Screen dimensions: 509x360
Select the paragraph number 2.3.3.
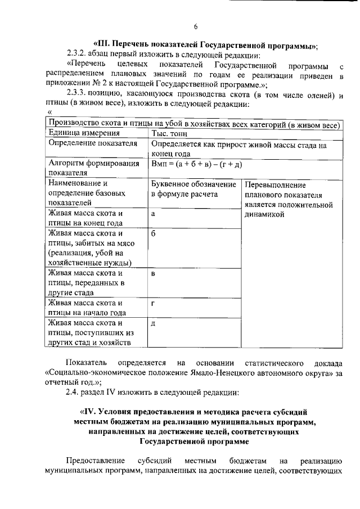click(x=78, y=94)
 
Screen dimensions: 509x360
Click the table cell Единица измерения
click(x=84, y=133)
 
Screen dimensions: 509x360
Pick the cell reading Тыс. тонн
click(x=172, y=133)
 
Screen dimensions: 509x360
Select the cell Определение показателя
click(x=93, y=144)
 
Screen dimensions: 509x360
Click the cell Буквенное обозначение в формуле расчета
click(x=193, y=190)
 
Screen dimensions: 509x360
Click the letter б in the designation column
click(x=154, y=233)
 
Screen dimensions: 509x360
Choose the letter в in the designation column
click(x=154, y=274)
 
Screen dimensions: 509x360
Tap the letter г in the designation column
click(x=154, y=304)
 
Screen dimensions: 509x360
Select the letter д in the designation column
click(x=154, y=323)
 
